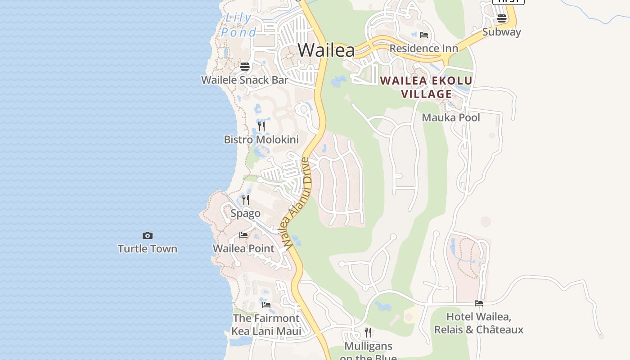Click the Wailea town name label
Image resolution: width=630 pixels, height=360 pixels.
[x=326, y=49]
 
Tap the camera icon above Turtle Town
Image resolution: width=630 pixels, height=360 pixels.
[x=148, y=235]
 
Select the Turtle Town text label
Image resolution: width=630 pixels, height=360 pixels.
[x=148, y=249]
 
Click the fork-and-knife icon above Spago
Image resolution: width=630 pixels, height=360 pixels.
[x=246, y=199]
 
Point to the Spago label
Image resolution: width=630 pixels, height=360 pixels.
[x=245, y=213]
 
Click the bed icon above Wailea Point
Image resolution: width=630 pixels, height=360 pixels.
[x=243, y=235]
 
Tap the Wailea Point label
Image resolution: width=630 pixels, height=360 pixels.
[x=243, y=248]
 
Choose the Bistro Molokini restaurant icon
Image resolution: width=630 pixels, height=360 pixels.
[x=261, y=126]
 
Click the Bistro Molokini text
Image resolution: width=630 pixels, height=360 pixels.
[x=261, y=139]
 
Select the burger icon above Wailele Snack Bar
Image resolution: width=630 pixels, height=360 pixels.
[x=245, y=67]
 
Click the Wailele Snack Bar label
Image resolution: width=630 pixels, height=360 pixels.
[x=244, y=80]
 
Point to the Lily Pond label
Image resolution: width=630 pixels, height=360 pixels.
[x=238, y=25]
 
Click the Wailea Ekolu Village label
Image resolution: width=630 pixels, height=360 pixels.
[x=426, y=87]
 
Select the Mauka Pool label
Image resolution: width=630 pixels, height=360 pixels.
[x=451, y=118]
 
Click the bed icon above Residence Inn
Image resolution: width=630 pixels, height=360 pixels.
[x=423, y=35]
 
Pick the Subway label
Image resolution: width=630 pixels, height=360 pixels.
[x=501, y=32]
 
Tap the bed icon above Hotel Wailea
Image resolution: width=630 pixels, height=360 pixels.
[x=479, y=303]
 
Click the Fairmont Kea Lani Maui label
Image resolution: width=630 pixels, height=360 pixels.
[x=266, y=324]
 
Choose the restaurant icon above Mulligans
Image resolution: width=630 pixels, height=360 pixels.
[x=368, y=333]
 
